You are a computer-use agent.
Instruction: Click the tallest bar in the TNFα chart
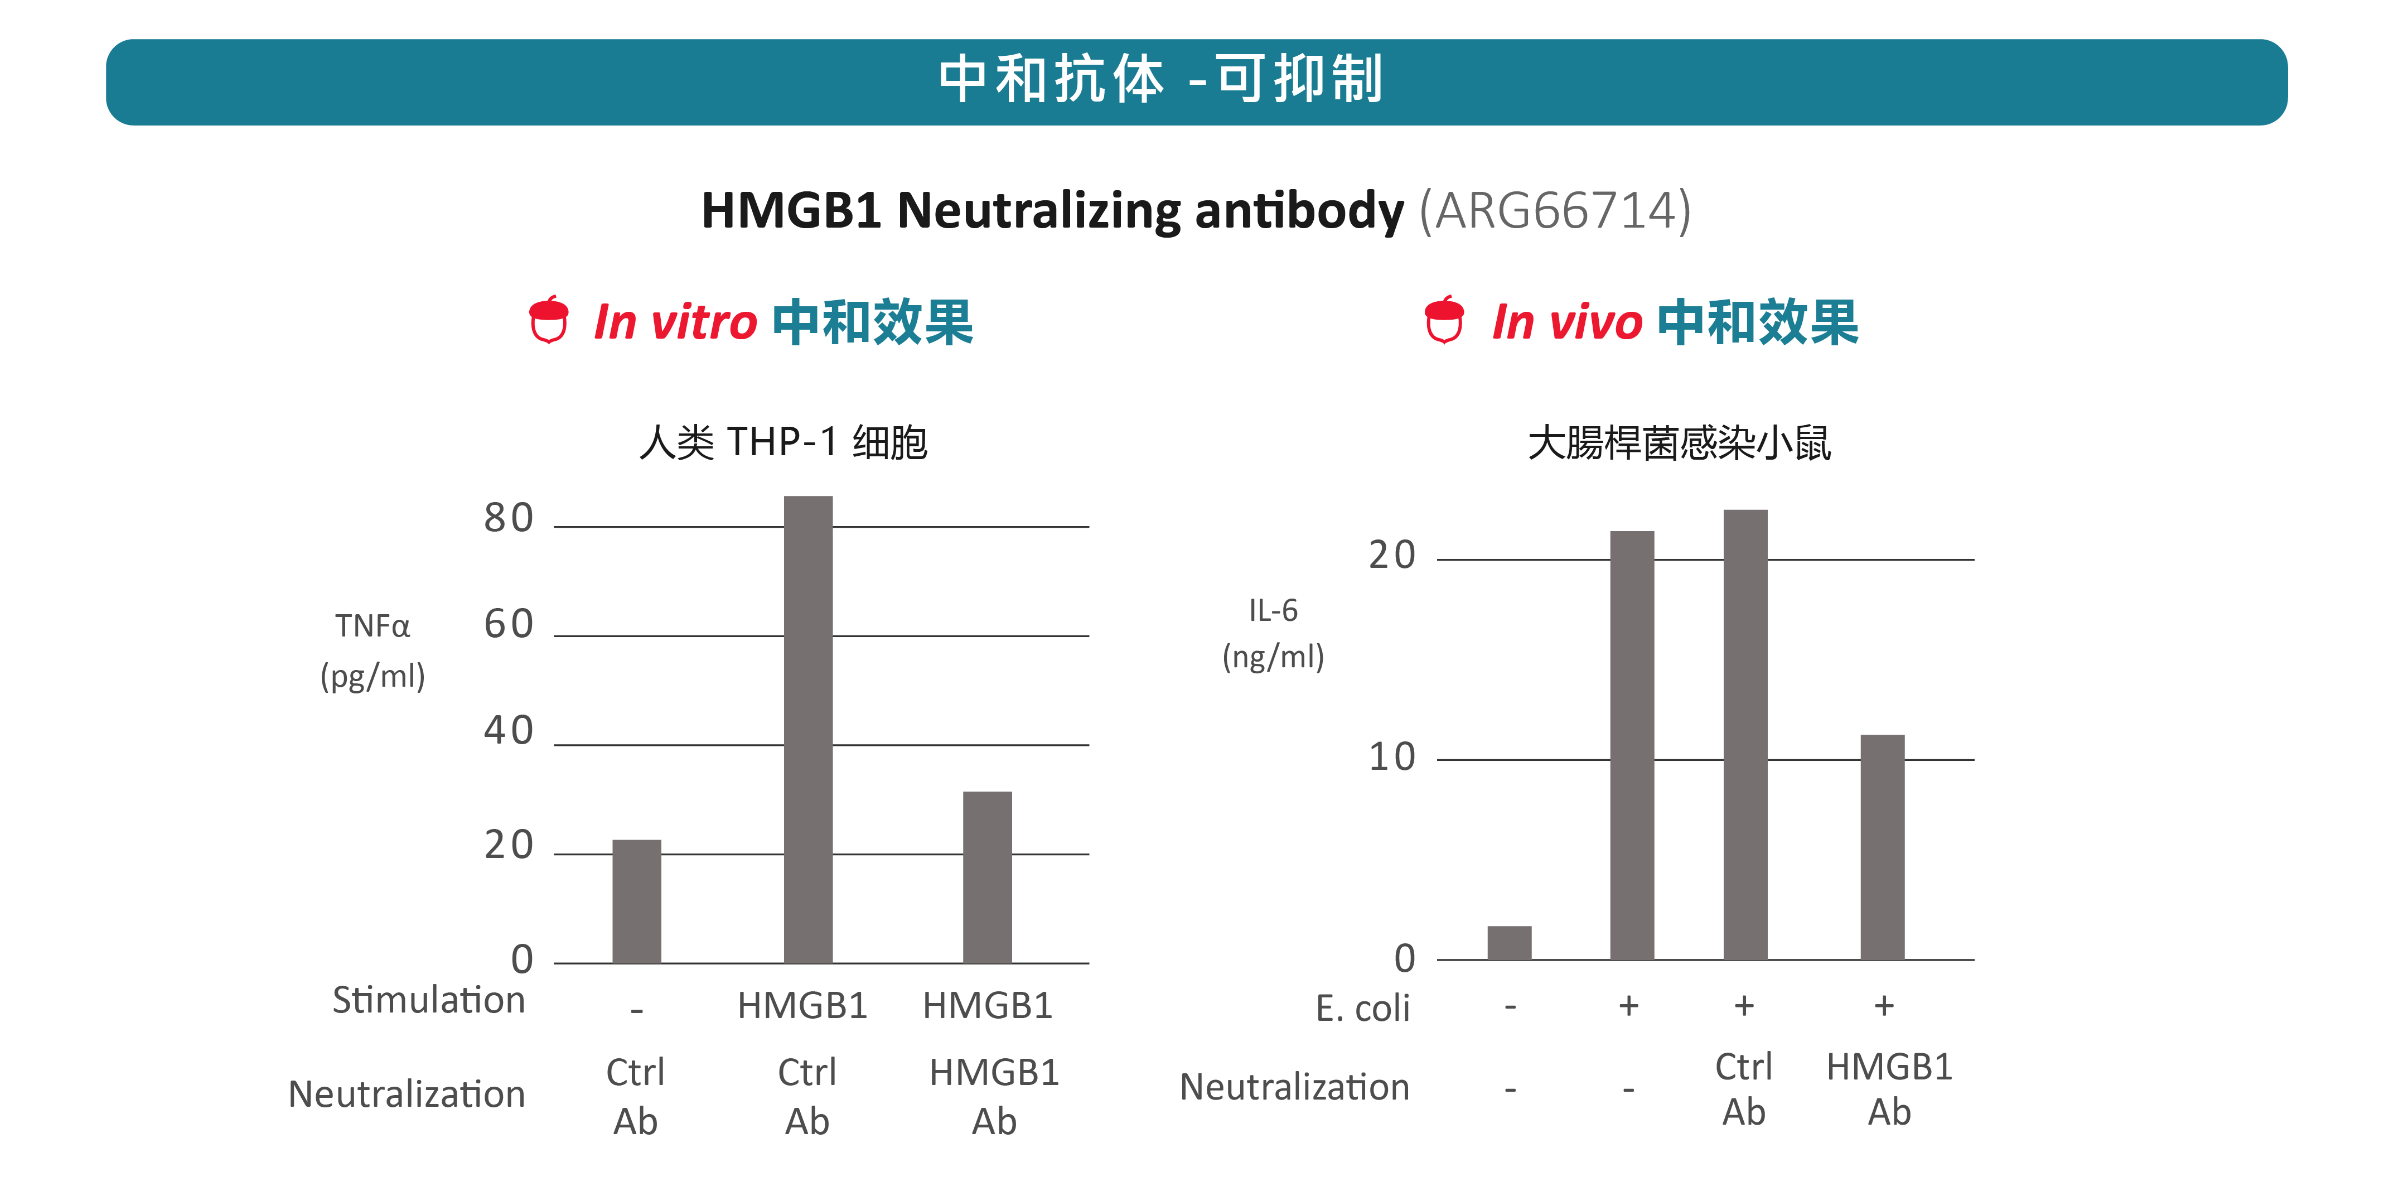[x=807, y=730]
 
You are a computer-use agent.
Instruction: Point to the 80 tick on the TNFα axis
[x=509, y=518]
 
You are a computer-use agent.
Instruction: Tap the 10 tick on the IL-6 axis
[x=1391, y=758]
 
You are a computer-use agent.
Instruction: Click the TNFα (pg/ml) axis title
[x=373, y=650]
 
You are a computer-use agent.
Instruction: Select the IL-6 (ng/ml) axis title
[x=1272, y=634]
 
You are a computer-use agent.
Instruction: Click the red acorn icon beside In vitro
[x=548, y=321]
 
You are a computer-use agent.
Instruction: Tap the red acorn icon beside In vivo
[x=1444, y=321]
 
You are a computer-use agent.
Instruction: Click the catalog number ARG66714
[x=1554, y=210]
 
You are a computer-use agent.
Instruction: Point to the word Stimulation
[x=428, y=1001]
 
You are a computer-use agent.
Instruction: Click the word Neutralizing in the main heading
[x=1038, y=210]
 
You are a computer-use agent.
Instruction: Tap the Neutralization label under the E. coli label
[x=1294, y=1087]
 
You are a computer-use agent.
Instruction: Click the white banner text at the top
[x=1161, y=80]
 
